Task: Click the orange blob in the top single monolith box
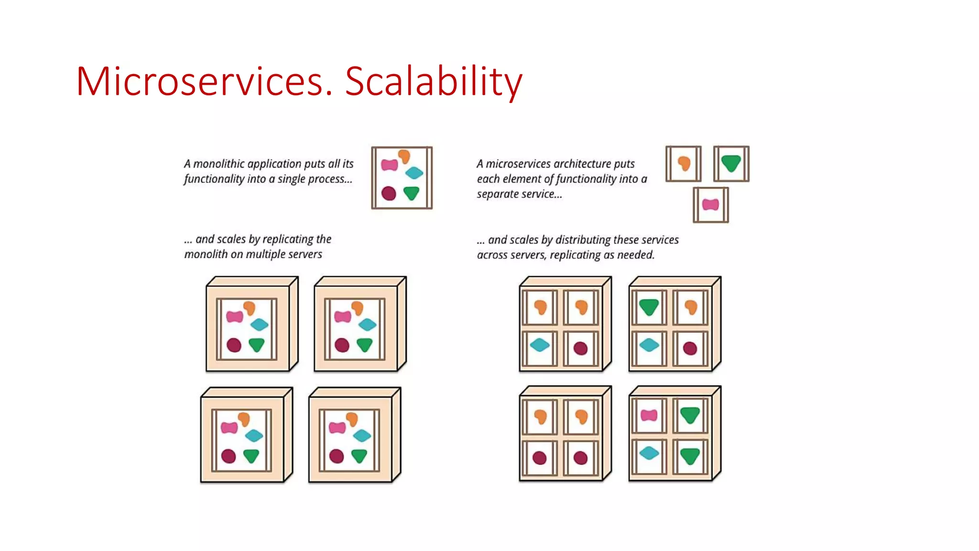404,156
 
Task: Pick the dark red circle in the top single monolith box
389,193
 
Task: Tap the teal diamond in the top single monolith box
414,173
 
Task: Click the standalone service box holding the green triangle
731,164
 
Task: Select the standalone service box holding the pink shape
710,205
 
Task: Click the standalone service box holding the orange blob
684,164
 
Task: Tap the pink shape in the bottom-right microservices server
649,415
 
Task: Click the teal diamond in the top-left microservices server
540,344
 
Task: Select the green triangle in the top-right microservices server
649,307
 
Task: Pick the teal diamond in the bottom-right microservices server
649,452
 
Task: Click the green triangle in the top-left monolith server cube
257,344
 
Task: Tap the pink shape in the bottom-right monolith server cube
337,427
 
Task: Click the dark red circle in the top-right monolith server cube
342,345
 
